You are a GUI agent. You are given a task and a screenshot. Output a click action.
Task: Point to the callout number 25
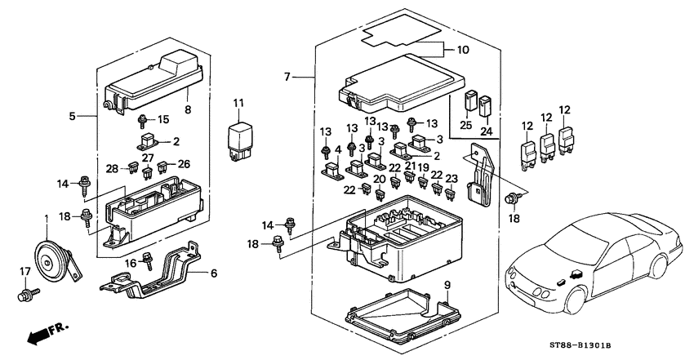point(465,126)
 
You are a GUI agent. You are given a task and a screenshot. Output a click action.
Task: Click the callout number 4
point(338,149)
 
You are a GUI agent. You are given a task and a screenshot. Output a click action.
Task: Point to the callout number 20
point(380,179)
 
